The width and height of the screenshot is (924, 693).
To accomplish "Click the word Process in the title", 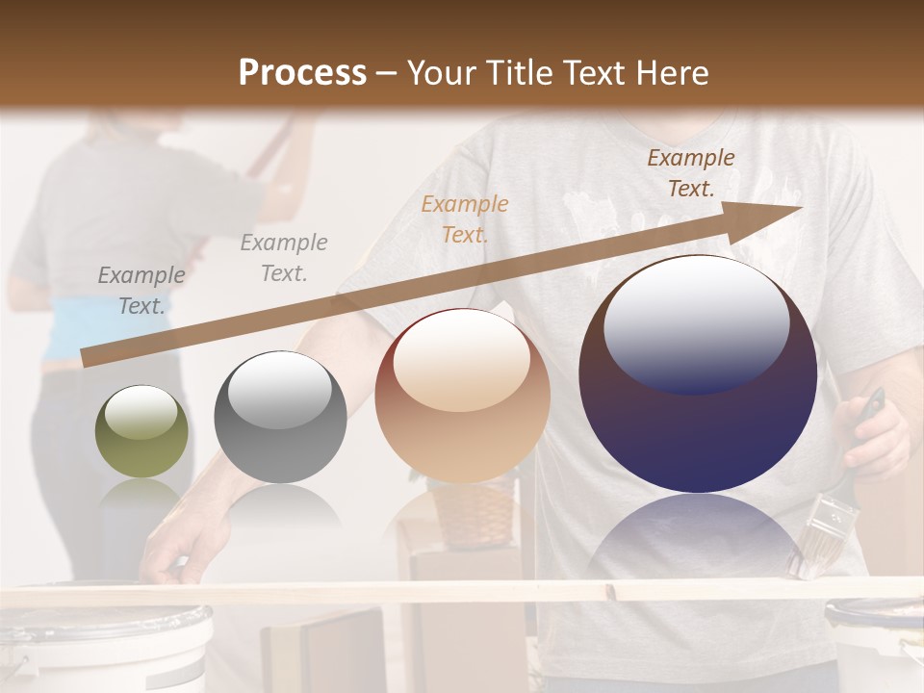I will [302, 72].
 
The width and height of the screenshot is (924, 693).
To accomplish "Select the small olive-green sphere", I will [142, 431].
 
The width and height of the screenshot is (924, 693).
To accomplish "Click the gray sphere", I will [280, 417].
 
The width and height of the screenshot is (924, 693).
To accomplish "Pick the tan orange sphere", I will [462, 396].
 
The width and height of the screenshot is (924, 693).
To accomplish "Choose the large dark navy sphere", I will [698, 374].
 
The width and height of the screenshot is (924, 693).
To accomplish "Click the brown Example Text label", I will [691, 173].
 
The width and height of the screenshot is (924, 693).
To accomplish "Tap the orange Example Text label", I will [465, 218].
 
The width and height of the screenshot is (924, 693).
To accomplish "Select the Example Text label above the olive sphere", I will [141, 291].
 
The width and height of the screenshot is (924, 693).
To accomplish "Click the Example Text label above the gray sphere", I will [284, 258].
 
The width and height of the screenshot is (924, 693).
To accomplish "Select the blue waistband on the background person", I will [67, 332].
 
